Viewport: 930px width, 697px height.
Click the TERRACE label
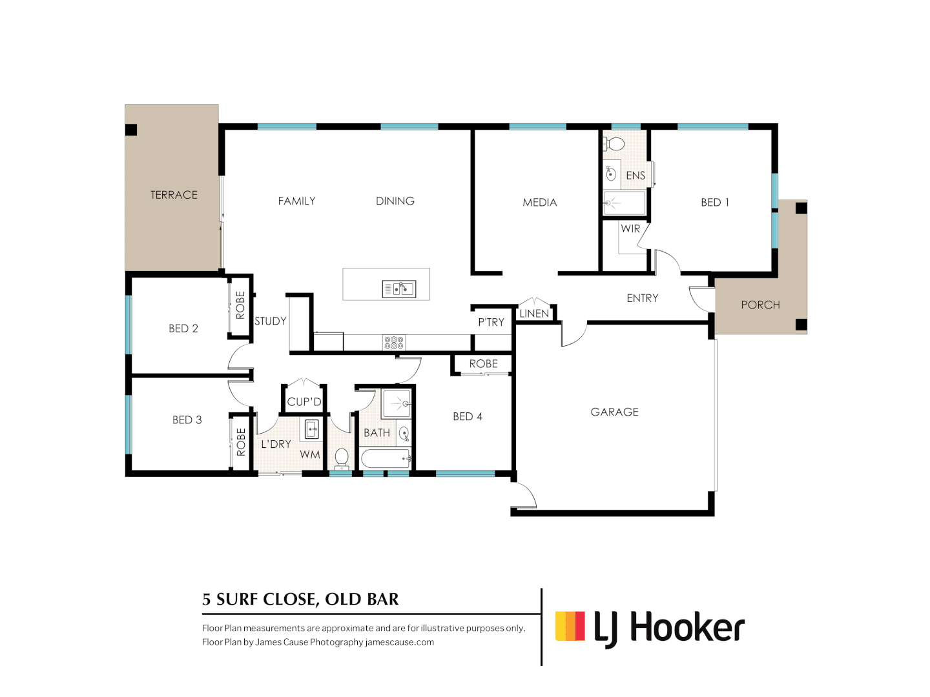174,195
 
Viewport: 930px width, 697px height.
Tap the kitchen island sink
398,289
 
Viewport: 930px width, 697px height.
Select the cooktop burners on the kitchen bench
394,342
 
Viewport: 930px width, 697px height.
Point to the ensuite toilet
614,144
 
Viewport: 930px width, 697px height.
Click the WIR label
630,228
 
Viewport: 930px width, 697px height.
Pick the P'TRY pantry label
491,322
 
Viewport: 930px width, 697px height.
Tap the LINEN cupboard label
534,314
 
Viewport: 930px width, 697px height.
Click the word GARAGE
614,412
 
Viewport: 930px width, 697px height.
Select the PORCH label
760,305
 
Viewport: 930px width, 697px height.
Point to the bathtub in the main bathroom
386,458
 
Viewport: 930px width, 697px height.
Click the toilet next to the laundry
342,459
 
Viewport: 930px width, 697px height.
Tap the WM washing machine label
310,454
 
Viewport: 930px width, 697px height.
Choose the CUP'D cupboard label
304,401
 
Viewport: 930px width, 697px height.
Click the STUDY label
271,321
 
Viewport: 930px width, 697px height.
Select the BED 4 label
468,416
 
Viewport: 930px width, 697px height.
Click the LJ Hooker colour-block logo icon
570,626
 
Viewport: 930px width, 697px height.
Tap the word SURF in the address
235,600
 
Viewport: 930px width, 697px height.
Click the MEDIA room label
539,202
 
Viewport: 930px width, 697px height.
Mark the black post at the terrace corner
131,130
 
